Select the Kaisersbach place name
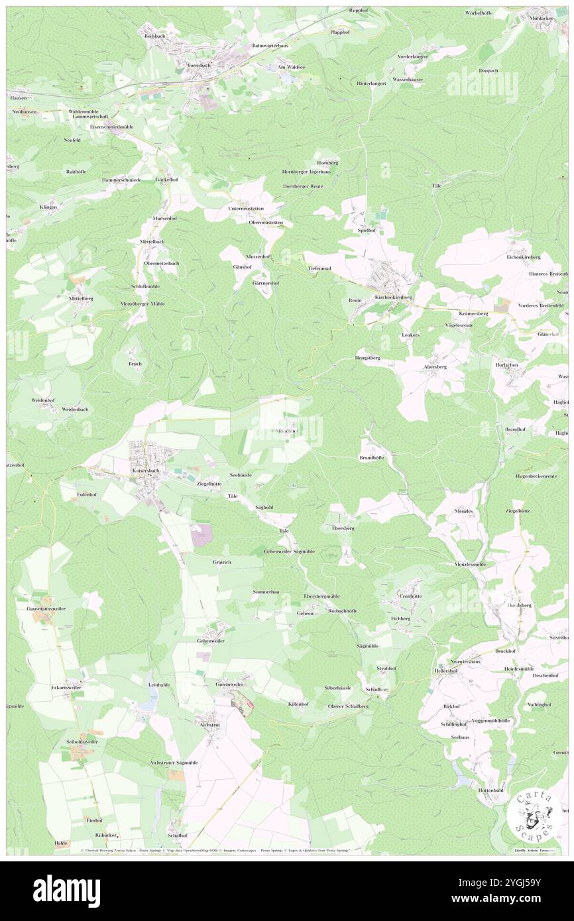146,470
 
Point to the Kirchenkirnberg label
393,298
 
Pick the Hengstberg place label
367,357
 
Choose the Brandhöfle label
371,458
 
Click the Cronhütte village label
411,596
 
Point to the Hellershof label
445,671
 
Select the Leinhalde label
160,684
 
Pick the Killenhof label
298,704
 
